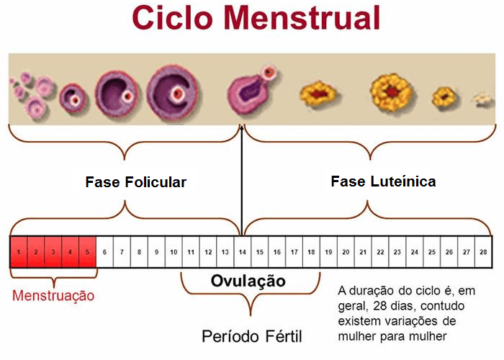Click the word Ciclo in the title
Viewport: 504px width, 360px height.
tap(172, 18)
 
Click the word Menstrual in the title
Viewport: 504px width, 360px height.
tap(302, 18)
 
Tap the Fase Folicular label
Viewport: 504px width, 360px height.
tap(135, 182)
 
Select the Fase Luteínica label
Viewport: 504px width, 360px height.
tap(383, 181)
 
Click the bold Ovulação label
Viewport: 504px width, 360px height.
tap(248, 282)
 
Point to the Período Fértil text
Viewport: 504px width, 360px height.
tap(252, 336)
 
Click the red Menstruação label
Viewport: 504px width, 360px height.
tap(53, 296)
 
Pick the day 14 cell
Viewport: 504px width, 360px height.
tap(243, 252)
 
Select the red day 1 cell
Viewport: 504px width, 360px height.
tap(19, 252)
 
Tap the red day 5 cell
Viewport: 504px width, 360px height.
tap(87, 252)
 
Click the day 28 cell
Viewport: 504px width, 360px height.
tap(483, 252)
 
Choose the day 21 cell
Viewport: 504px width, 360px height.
tap(363, 252)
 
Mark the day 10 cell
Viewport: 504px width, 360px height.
tap(174, 252)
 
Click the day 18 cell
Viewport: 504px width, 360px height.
tap(311, 252)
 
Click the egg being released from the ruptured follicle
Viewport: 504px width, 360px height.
tap(269, 72)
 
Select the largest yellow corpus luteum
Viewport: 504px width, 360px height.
tap(391, 92)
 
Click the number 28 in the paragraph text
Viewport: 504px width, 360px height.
tap(379, 306)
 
